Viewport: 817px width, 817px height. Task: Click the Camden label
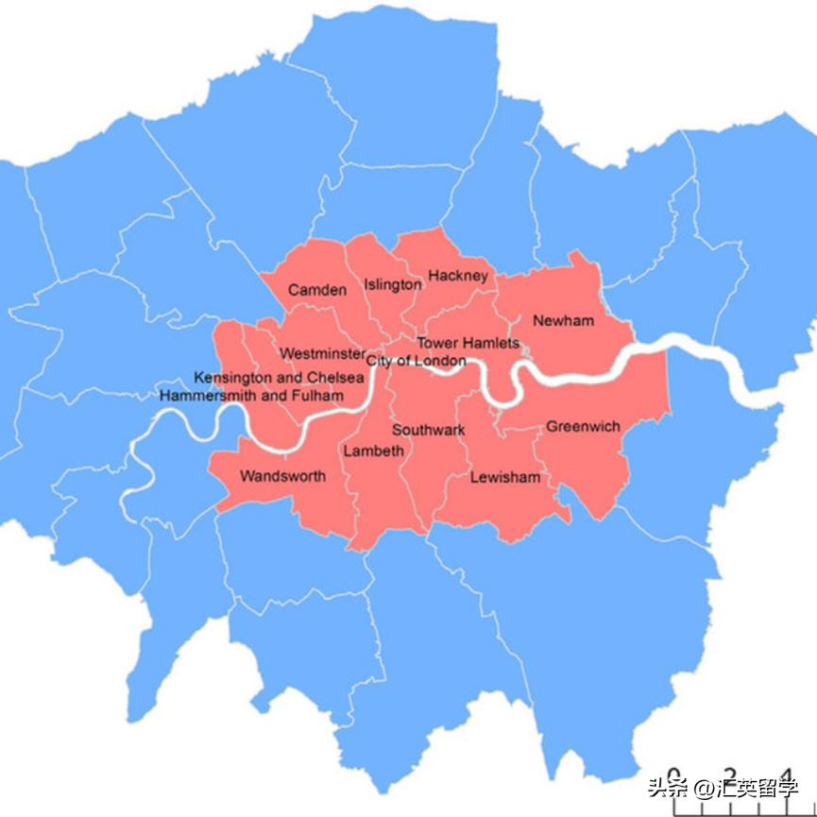coord(317,290)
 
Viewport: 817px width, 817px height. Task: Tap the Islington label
coord(393,284)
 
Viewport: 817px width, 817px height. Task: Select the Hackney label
coord(458,276)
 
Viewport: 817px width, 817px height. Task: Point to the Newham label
coord(564,321)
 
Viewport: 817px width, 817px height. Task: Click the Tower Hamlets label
coord(468,343)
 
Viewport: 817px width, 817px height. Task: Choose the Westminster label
coord(322,353)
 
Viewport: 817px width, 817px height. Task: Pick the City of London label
coord(417,361)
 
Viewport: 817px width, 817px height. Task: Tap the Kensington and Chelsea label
coord(280,378)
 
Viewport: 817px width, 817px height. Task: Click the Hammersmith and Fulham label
coord(252,395)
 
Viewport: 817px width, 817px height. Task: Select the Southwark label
coord(429,430)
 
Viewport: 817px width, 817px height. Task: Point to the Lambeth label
coord(373,451)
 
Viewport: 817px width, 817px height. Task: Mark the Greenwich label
coord(584,427)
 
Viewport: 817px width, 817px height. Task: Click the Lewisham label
coord(506,477)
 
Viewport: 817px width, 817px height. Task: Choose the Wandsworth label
coord(282,476)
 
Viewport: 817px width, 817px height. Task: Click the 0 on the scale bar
coord(673,775)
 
